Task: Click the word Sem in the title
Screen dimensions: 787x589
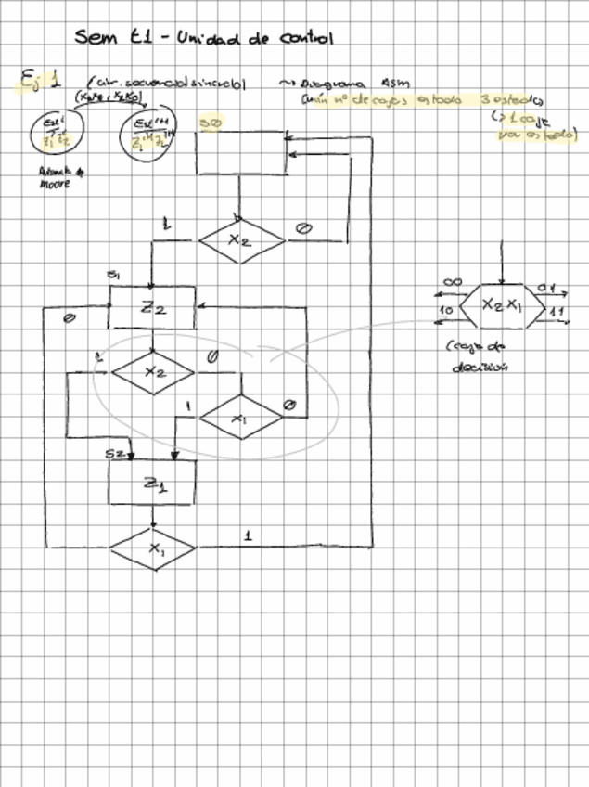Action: coord(93,37)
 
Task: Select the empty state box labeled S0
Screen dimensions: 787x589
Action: coord(241,152)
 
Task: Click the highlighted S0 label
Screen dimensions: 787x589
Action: coord(211,122)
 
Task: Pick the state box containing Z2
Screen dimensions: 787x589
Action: coord(152,307)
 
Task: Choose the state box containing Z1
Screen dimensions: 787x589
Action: coord(152,483)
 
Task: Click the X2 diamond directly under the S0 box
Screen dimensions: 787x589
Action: coord(240,239)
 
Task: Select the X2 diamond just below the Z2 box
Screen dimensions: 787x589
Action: coord(153,371)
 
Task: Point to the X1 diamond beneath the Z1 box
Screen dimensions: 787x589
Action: coord(152,548)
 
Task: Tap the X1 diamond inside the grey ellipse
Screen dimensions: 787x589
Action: coord(240,418)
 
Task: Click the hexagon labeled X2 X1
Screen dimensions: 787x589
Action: coord(502,305)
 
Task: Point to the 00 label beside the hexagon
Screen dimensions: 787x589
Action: coord(454,282)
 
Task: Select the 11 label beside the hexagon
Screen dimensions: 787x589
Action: coord(558,311)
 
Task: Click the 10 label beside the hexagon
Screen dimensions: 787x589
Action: coord(446,310)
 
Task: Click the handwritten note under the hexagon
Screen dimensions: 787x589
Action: coord(473,355)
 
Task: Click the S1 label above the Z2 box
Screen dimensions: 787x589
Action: coord(112,276)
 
